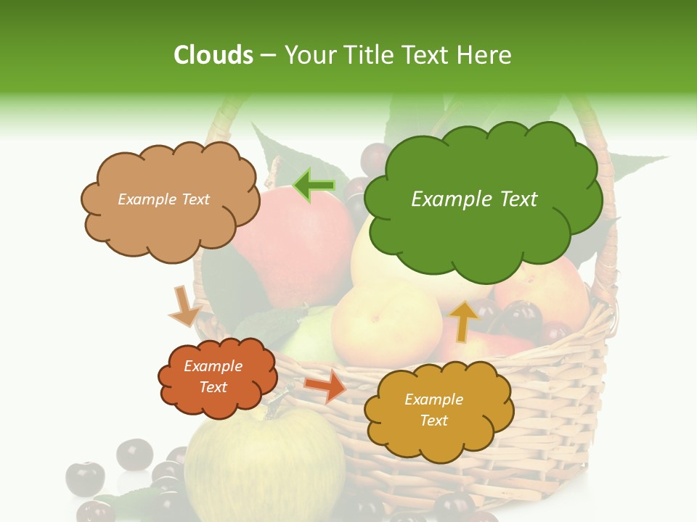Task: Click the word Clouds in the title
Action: [x=213, y=55]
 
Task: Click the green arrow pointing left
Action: [x=314, y=186]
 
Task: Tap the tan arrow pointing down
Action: [x=184, y=306]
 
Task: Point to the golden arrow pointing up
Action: [x=463, y=320]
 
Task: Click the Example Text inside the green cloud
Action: [x=474, y=199]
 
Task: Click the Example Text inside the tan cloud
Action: [x=163, y=199]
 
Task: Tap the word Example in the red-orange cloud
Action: [x=213, y=366]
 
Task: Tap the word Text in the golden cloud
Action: [x=433, y=420]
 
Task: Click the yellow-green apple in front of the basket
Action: [x=269, y=464]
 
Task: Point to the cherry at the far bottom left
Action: [x=85, y=478]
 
